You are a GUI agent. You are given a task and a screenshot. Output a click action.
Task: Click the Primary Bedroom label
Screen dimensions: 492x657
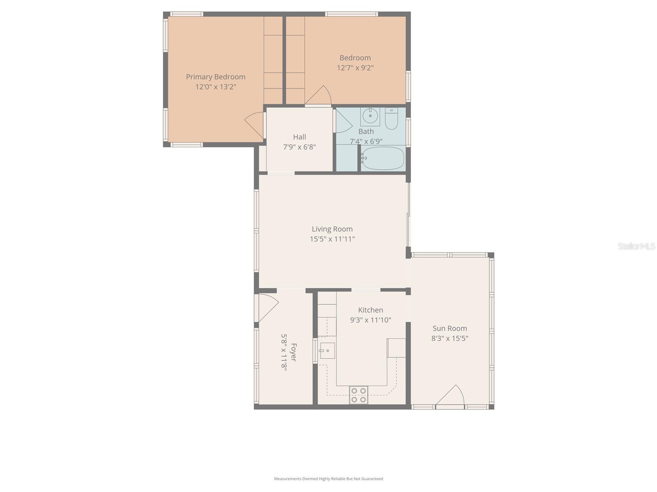click(x=216, y=77)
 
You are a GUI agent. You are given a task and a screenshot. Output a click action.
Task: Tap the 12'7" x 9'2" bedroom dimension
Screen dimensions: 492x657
click(x=355, y=68)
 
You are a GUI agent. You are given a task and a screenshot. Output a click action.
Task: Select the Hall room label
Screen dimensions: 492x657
click(x=299, y=137)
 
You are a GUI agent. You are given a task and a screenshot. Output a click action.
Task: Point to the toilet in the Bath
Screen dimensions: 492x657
click(x=391, y=118)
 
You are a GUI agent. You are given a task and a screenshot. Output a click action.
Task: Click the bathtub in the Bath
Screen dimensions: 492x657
click(x=383, y=158)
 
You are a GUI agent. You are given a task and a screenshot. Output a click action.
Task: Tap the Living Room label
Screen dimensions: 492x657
click(x=332, y=229)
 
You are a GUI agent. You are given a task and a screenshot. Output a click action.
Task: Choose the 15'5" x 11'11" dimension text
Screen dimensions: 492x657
click(x=332, y=239)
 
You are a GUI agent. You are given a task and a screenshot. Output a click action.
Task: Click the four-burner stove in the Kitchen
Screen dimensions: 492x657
click(x=358, y=395)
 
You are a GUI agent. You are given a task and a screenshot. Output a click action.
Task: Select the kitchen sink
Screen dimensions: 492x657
click(x=327, y=351)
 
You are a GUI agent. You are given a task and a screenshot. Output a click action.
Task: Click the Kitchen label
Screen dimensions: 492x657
click(x=370, y=310)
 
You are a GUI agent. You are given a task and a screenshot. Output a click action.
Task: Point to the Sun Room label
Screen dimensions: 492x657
click(x=450, y=328)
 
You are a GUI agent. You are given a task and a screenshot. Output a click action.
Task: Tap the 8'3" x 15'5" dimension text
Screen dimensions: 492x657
click(x=450, y=338)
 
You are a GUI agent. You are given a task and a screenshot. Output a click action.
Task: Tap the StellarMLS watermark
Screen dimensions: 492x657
click(x=636, y=246)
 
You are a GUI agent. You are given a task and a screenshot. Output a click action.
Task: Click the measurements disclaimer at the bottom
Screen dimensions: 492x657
click(x=328, y=478)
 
